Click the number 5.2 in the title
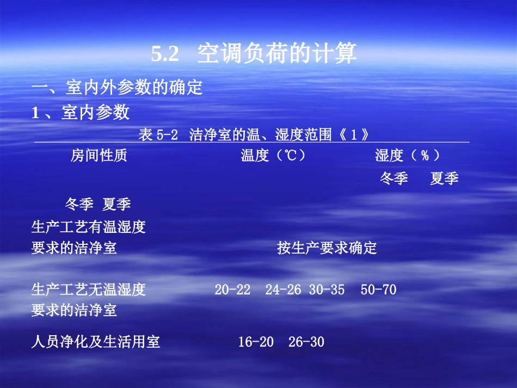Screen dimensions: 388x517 click(x=165, y=54)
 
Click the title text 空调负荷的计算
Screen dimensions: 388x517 click(x=277, y=53)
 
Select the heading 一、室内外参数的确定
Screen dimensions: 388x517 click(x=117, y=87)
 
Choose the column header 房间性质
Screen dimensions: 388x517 click(x=99, y=156)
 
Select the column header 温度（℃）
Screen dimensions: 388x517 click(x=273, y=156)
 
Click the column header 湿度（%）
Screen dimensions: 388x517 click(x=407, y=156)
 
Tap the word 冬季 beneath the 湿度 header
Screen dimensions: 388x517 click(x=393, y=178)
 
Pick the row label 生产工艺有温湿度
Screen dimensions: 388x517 click(x=89, y=227)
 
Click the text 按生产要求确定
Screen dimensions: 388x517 click(x=327, y=249)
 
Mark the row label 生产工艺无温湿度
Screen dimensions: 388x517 click(x=89, y=290)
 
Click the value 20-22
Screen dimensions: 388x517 click(x=232, y=290)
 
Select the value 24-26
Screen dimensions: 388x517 click(x=283, y=290)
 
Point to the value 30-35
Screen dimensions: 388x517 click(x=327, y=290)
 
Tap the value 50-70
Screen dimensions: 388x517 click(x=378, y=290)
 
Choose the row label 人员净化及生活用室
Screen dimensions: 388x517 click(x=96, y=342)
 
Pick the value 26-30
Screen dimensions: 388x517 click(x=306, y=342)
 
